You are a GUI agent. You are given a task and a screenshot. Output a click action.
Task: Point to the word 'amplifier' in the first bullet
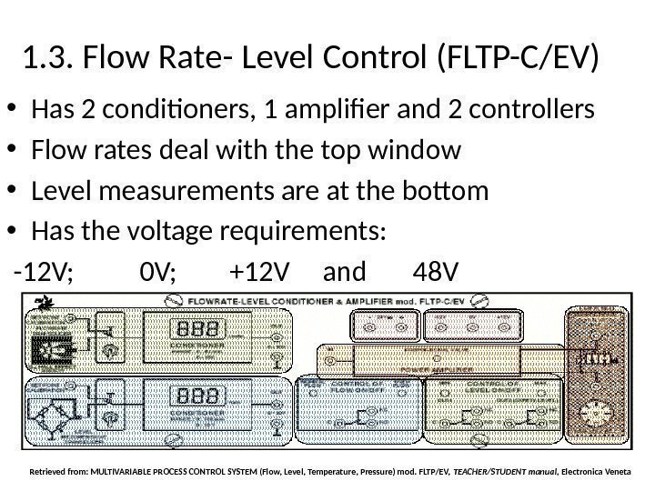click(x=348, y=111)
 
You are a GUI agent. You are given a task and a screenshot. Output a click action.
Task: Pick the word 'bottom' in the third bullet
click(x=445, y=192)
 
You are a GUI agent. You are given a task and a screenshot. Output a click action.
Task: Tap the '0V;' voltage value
click(x=161, y=272)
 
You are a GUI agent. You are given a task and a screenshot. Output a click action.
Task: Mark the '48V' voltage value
click(x=436, y=272)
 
